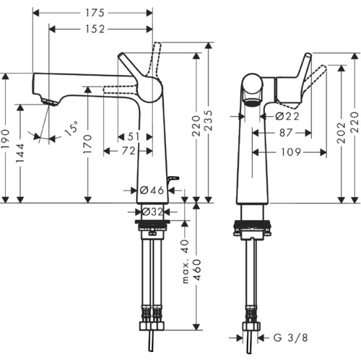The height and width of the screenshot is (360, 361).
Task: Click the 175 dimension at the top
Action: (95, 13)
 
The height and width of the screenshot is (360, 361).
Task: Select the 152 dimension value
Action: (95, 29)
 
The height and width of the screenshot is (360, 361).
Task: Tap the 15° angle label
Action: (71, 128)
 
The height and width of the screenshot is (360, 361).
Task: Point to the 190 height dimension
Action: (6, 139)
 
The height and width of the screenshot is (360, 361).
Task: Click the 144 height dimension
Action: (20, 152)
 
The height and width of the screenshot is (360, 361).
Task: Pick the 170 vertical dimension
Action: (87, 144)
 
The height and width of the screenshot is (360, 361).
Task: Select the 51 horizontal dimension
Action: (134, 137)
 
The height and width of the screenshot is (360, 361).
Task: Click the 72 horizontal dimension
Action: (129, 151)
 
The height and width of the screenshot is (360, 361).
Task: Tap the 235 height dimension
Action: (209, 120)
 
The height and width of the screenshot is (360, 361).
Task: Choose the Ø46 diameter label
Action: (152, 190)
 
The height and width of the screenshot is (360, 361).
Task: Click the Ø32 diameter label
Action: (152, 212)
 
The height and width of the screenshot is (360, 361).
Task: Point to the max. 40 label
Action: (186, 261)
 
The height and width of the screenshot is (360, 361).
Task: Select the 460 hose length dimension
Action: (197, 270)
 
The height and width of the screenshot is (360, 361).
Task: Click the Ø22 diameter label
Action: (287, 116)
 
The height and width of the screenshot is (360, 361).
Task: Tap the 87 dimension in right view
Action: (286, 133)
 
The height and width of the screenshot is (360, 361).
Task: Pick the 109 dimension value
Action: (291, 152)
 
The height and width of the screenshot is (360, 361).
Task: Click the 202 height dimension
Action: (342, 133)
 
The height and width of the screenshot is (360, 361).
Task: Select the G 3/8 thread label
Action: (291, 338)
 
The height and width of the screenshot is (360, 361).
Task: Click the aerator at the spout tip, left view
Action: (49, 102)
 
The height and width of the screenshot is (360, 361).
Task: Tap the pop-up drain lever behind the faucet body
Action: (173, 180)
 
